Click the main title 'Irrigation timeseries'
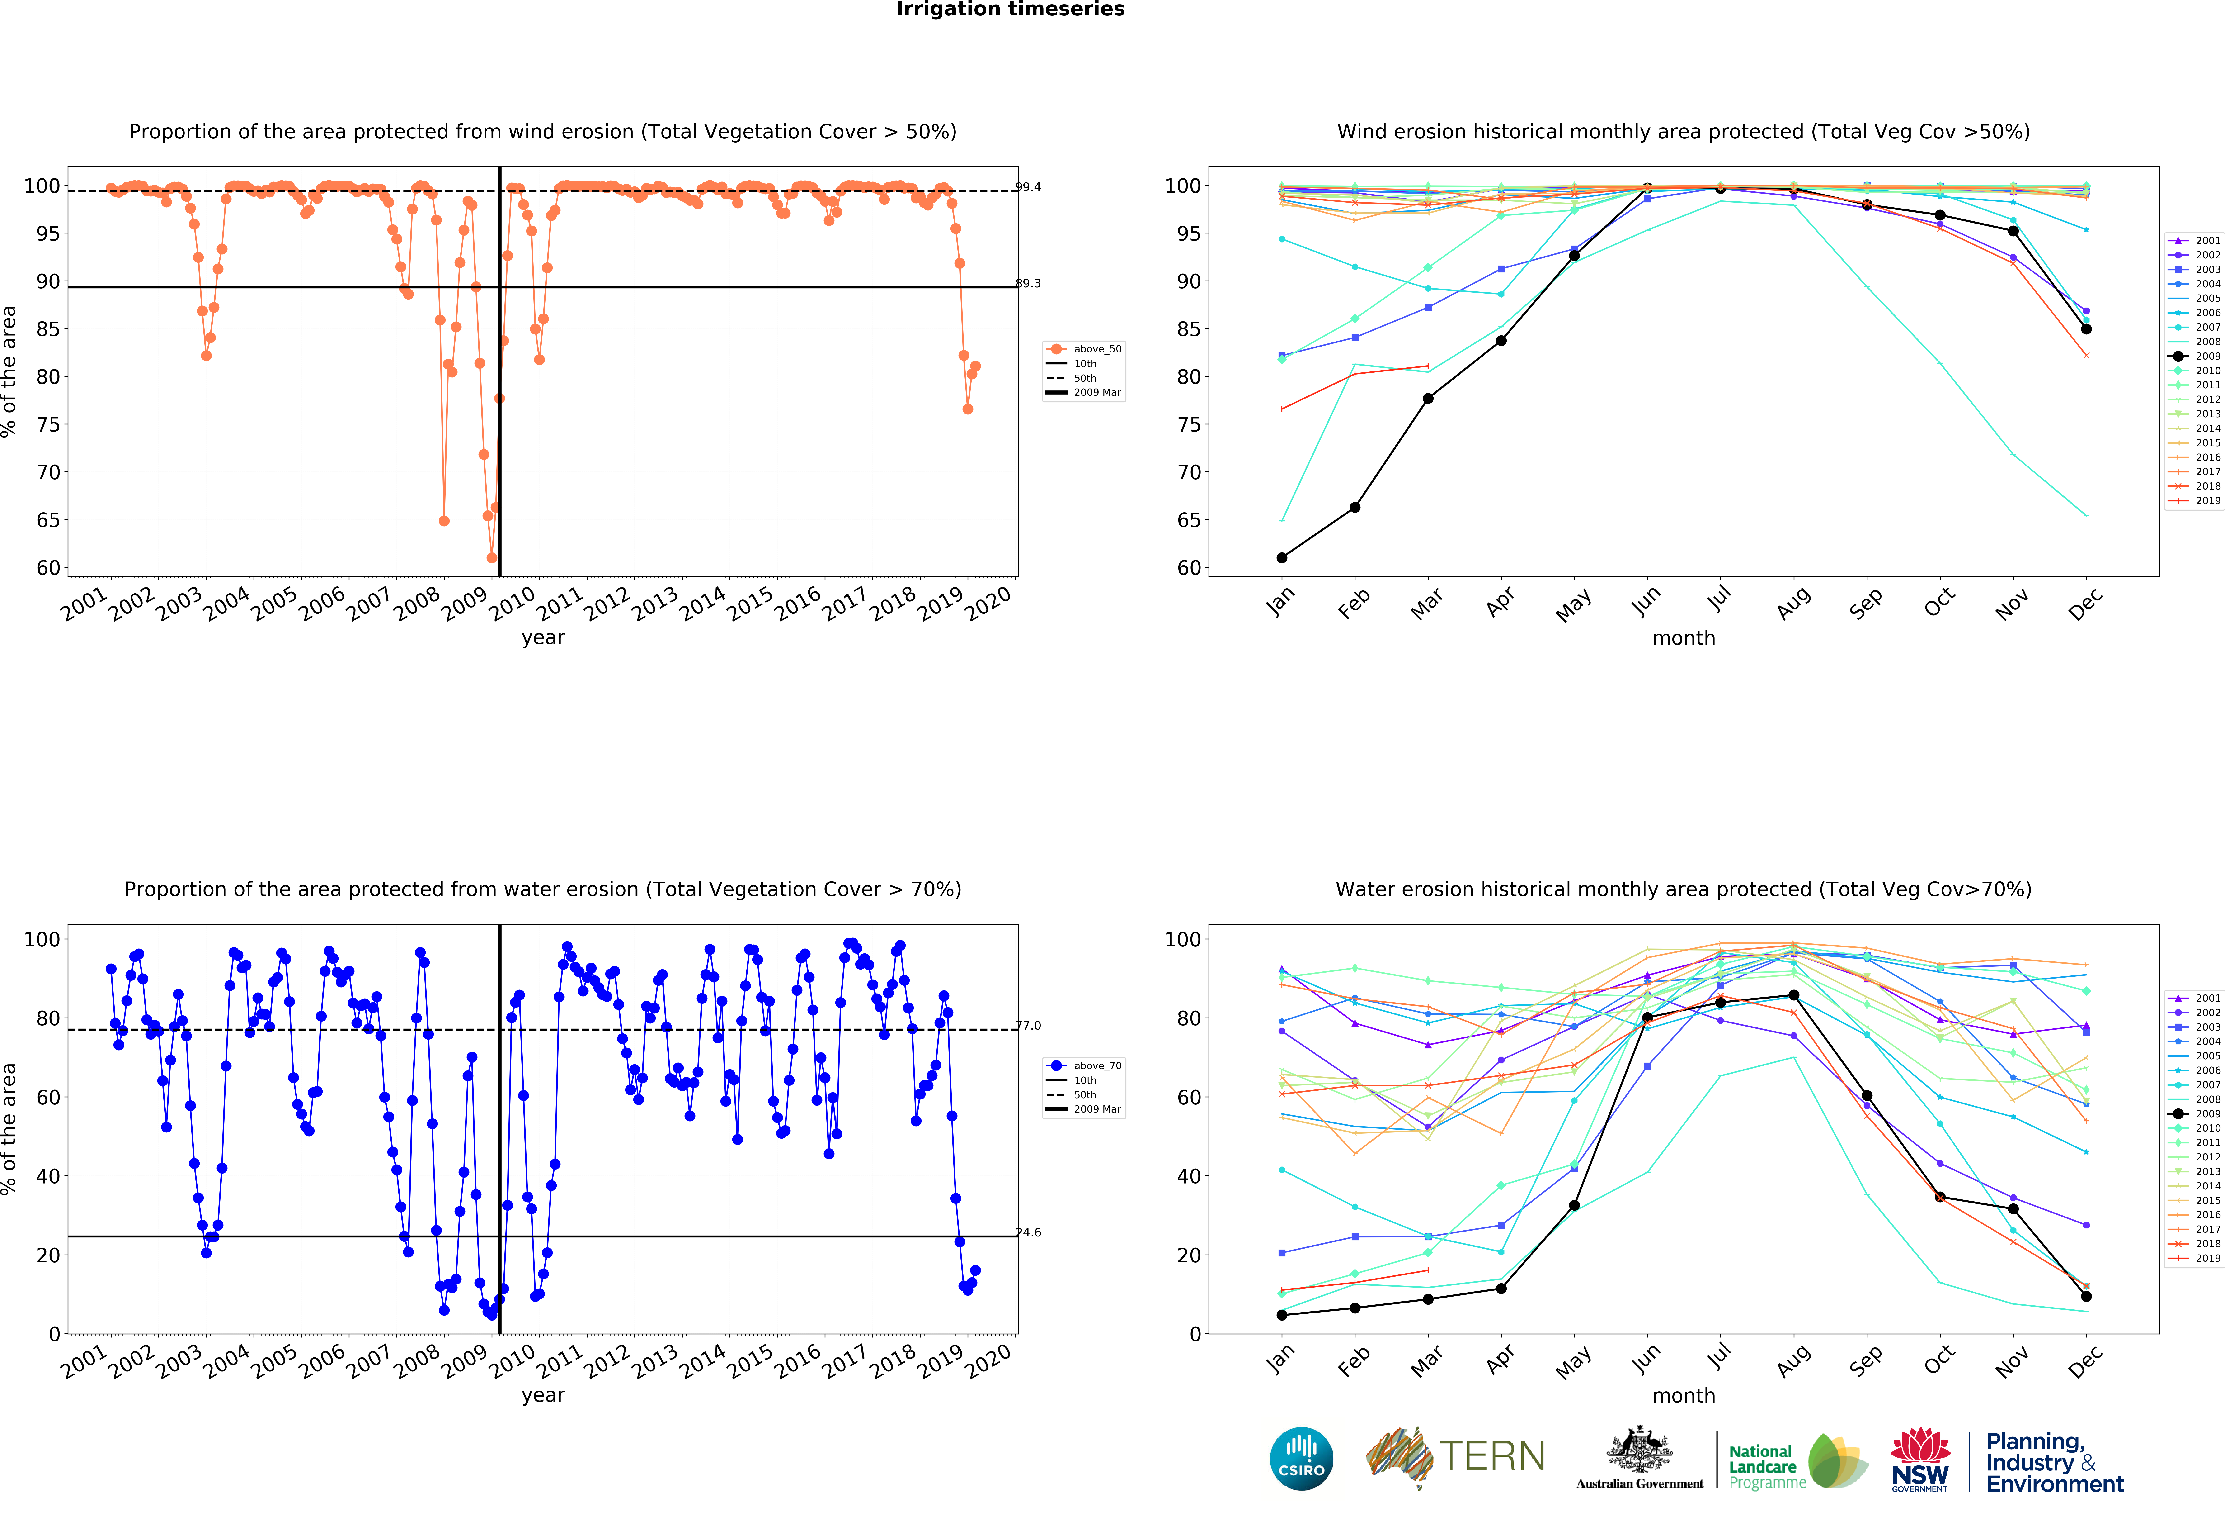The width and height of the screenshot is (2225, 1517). coord(1010,10)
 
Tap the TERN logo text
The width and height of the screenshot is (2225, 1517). coord(1492,1457)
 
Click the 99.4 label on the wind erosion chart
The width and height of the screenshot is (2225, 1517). coord(1028,187)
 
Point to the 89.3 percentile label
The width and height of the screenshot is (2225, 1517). coord(1028,284)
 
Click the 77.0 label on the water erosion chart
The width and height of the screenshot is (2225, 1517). coord(1028,1026)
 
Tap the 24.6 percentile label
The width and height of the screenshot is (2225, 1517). coord(1028,1232)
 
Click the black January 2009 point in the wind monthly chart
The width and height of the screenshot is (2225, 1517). coord(1282,557)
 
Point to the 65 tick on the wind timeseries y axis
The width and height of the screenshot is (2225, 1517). coord(48,520)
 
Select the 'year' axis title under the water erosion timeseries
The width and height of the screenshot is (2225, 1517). coord(543,1395)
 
